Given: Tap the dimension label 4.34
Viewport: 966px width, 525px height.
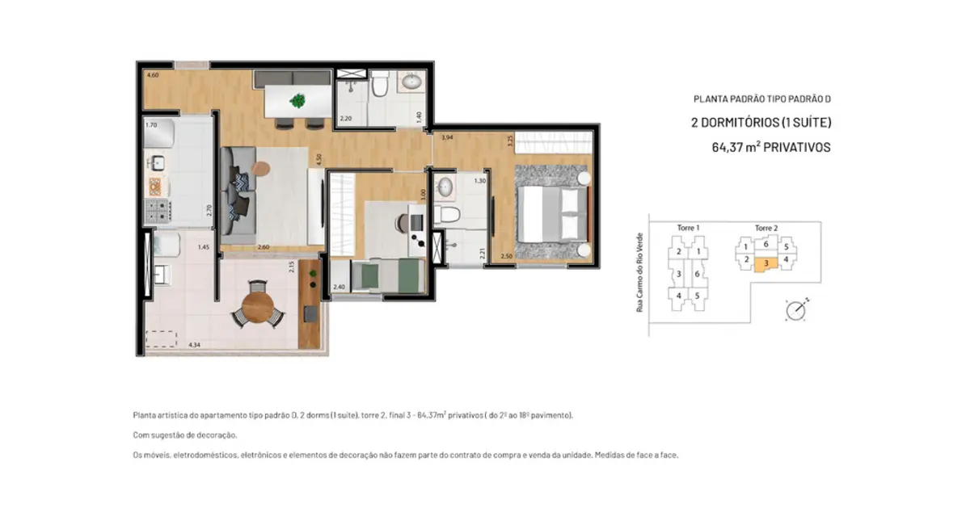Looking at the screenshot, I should pos(194,345).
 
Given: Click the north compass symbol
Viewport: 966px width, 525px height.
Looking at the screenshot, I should pos(795,309).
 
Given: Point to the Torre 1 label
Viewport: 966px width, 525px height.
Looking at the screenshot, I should pos(688,229).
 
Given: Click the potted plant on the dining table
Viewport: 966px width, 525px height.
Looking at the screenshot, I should pos(297,101).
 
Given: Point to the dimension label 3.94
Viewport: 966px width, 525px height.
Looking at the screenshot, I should pos(447,138).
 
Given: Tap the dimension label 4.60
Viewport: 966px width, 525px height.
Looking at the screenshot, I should pos(151,75).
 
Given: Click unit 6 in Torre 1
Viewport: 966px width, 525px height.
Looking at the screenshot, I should pos(697,274).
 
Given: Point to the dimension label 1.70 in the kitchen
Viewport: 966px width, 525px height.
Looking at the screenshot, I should pos(150,125).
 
